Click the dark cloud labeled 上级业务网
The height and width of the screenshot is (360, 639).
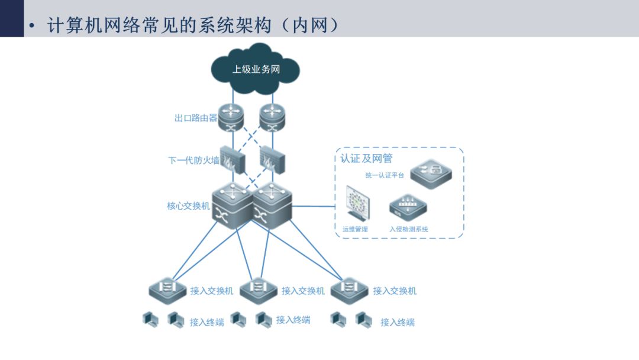pos(256,69)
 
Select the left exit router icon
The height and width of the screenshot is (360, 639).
pos(231,117)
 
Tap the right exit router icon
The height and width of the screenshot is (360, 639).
pos(272,117)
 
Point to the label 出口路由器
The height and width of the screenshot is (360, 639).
pos(196,118)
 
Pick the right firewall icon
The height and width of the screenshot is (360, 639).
pos(272,160)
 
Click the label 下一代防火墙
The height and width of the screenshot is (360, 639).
pos(193,160)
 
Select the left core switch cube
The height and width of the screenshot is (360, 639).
pos(233,206)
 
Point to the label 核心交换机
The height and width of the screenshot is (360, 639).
pos(188,206)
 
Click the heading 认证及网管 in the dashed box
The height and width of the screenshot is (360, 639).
pos(366,158)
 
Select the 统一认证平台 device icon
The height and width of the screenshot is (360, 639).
pos(431,174)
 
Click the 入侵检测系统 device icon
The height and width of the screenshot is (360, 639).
pos(408,208)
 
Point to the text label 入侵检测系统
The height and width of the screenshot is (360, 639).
pos(409,229)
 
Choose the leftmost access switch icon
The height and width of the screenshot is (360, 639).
pos(167,290)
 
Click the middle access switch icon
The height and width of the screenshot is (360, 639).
pos(259,290)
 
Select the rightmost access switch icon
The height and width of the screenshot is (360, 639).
pos(349,290)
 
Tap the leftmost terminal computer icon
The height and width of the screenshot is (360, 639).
pos(150,319)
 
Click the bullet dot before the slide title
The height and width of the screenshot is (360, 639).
pos(32,26)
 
